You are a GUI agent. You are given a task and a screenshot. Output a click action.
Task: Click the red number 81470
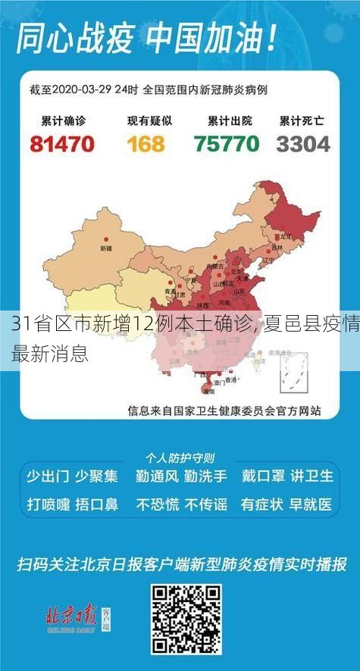coord(63,143)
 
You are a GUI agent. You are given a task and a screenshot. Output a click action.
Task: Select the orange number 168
coord(146,143)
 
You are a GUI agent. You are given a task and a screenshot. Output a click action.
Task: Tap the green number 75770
coord(227,143)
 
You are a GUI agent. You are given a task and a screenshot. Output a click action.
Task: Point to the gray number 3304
coord(303,143)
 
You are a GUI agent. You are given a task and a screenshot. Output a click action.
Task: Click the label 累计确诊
coord(62,120)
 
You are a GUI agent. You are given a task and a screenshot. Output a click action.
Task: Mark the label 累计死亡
coord(302,120)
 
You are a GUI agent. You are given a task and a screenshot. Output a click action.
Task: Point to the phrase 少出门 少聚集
coord(72,476)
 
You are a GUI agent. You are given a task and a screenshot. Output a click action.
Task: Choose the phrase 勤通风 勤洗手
coord(180,476)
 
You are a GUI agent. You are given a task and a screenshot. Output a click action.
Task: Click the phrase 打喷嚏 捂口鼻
coord(72,503)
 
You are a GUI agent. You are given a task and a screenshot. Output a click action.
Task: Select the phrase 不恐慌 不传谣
coord(180,503)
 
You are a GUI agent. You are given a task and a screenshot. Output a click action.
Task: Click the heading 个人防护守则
coord(180,458)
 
